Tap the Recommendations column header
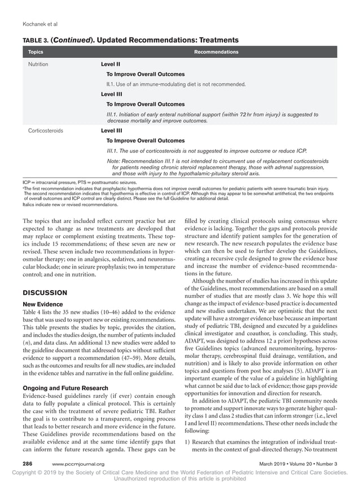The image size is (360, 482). [x=216, y=52]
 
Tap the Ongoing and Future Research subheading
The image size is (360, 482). [x=66, y=388]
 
